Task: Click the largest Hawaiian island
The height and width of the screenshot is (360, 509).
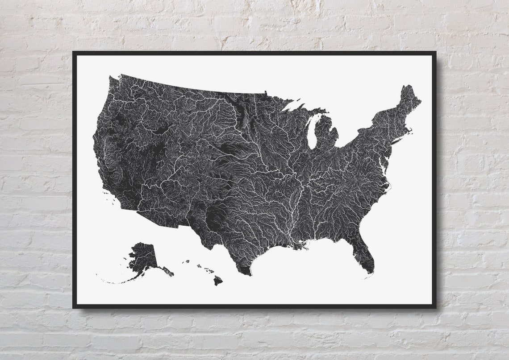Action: (217, 280)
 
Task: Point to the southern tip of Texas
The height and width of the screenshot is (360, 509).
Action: (245, 272)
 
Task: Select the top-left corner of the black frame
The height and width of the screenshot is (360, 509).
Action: (74, 53)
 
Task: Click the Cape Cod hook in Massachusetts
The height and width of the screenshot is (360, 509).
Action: (409, 130)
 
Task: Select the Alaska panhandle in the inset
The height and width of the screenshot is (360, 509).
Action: (167, 271)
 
